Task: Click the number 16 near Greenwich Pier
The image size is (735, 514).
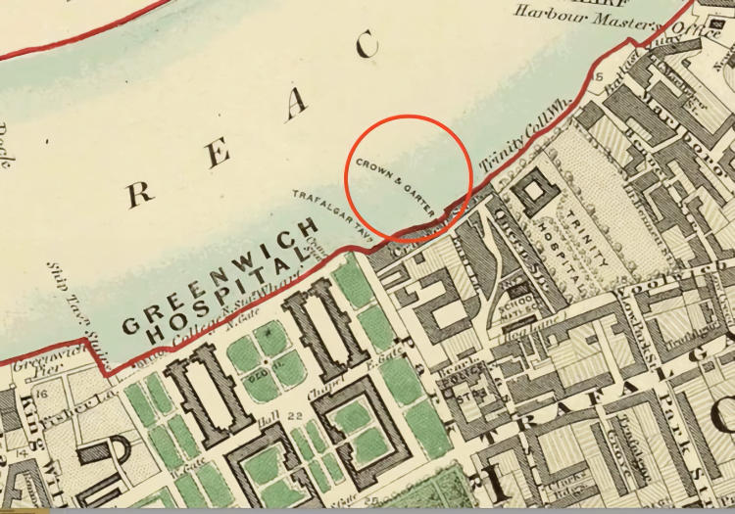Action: point(38,394)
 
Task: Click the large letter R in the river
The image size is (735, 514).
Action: point(139,193)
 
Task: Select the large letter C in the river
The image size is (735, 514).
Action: point(367,45)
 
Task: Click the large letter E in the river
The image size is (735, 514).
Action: point(221,152)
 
